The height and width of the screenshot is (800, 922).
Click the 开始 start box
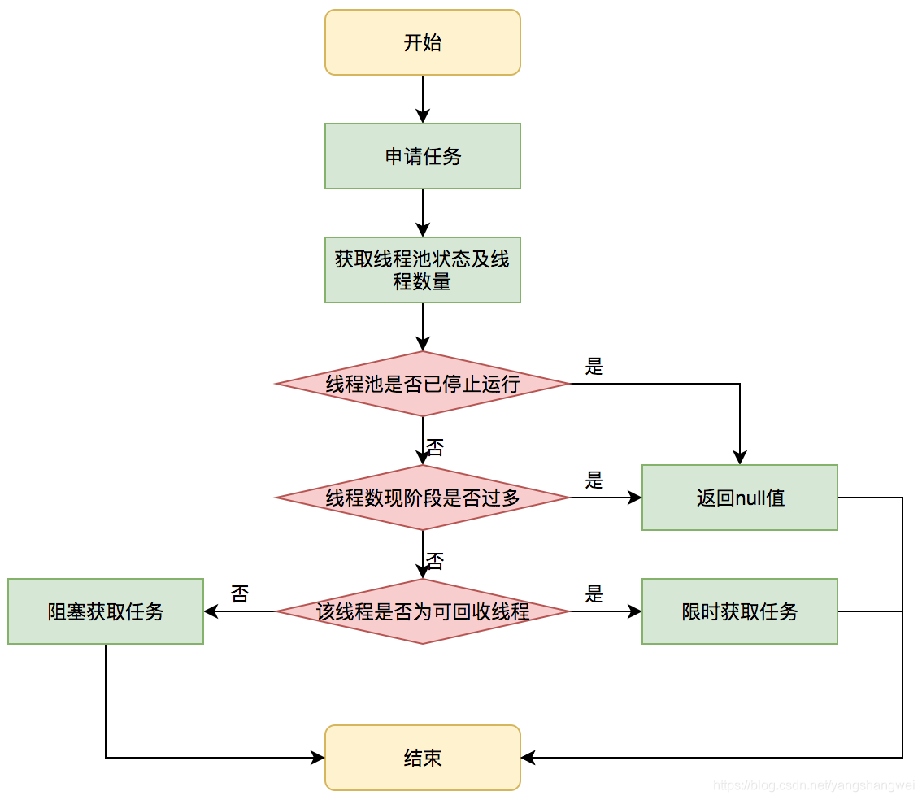pos(422,42)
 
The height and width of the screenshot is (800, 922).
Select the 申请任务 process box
pos(422,156)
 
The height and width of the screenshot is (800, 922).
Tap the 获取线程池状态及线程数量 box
pos(422,270)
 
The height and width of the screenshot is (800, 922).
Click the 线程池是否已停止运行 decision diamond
pos(422,384)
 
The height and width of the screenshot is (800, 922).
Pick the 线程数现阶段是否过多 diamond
pos(422,498)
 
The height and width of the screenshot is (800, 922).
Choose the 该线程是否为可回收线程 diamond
pos(422,611)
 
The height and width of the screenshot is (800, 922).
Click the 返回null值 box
pos(739,498)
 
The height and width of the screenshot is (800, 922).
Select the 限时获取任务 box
pos(739,611)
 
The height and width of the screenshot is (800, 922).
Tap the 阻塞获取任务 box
pos(106,611)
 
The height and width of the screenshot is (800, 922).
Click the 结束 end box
pos(422,758)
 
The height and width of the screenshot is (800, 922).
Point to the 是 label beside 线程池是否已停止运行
pos(594,367)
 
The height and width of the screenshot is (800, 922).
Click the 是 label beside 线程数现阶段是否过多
pos(594,480)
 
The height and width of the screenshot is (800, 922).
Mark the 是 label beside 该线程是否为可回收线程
pos(594,594)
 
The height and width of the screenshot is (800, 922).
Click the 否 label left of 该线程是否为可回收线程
pos(239,594)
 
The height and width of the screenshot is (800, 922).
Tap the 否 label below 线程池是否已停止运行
pos(435,447)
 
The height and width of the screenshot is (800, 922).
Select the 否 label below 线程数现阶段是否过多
pos(435,561)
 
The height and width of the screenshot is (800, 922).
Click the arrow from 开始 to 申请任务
pos(423,99)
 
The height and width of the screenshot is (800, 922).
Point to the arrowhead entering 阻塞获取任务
pos(210,611)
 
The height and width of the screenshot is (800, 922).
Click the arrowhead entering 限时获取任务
pos(636,611)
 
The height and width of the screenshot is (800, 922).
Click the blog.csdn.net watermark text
pos(813,785)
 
